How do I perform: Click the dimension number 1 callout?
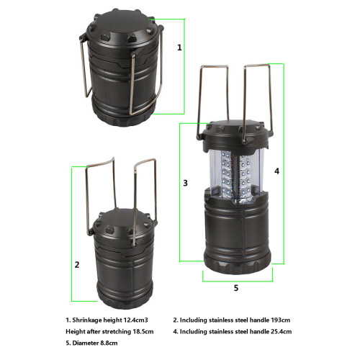pyautogui.click(x=179, y=48)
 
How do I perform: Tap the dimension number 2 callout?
pyautogui.click(x=77, y=265)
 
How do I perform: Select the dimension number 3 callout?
pyautogui.click(x=185, y=183)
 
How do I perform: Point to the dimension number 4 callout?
pyautogui.click(x=276, y=171)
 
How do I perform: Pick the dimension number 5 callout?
pyautogui.click(x=236, y=288)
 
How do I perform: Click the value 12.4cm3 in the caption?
pyautogui.click(x=135, y=320)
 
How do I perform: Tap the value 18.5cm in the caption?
pyautogui.click(x=143, y=332)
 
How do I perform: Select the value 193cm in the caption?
pyautogui.click(x=281, y=320)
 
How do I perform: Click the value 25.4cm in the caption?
pyautogui.click(x=282, y=332)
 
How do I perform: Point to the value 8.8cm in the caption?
pyautogui.click(x=109, y=343)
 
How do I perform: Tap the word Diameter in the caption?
pyautogui.click(x=86, y=343)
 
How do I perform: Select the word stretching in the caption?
pyautogui.click(x=117, y=332)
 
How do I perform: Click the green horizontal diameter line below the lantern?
pyautogui.click(x=238, y=281)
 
